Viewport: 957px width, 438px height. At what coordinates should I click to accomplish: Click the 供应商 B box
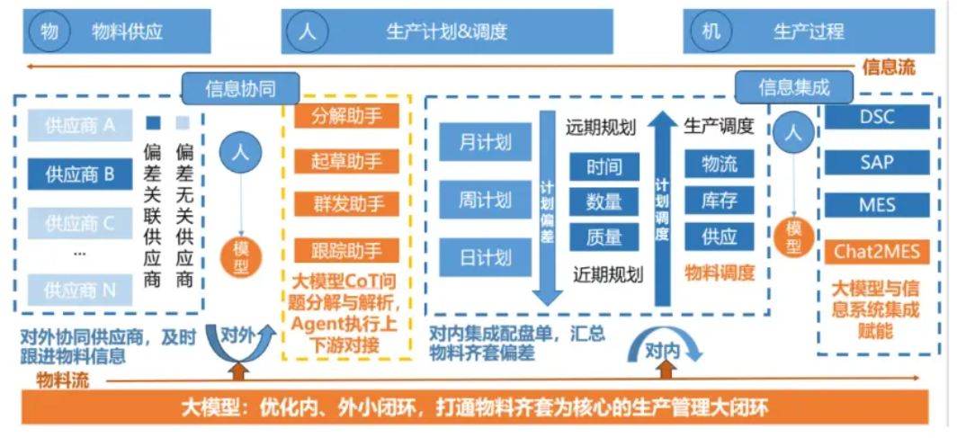[x=80, y=174]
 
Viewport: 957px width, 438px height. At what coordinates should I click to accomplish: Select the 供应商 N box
[x=80, y=290]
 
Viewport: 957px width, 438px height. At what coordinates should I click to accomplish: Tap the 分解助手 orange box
[x=346, y=116]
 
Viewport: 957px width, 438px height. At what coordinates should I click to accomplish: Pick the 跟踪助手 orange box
[x=346, y=250]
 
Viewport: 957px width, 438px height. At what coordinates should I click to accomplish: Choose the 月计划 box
[x=485, y=142]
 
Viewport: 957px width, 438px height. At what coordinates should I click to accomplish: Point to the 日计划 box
[x=485, y=258]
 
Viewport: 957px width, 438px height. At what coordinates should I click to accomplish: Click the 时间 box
[x=604, y=166]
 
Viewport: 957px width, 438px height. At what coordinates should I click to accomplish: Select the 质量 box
[x=604, y=237]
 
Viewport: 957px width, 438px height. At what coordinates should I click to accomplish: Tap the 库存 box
[x=720, y=201]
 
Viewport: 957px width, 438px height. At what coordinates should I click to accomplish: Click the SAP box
[x=876, y=162]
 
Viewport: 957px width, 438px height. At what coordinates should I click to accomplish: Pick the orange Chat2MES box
[x=876, y=251]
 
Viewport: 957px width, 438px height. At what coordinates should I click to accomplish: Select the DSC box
[x=876, y=117]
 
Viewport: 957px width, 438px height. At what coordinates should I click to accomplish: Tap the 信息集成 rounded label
[x=793, y=87]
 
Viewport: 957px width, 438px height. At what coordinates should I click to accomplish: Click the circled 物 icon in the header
[x=49, y=32]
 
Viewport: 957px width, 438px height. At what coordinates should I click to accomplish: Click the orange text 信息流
[x=889, y=67]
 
